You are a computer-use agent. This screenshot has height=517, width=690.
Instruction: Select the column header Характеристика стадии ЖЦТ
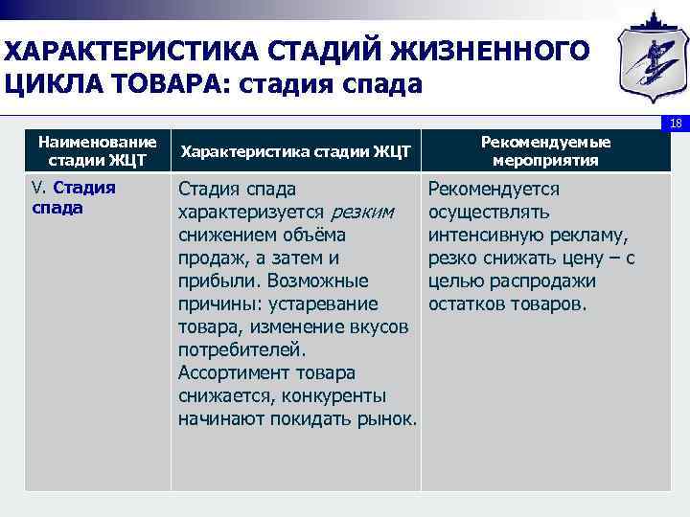coord(295,151)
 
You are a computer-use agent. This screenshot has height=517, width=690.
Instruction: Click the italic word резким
coord(361,212)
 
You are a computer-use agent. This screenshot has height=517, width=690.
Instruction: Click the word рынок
coord(389,419)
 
